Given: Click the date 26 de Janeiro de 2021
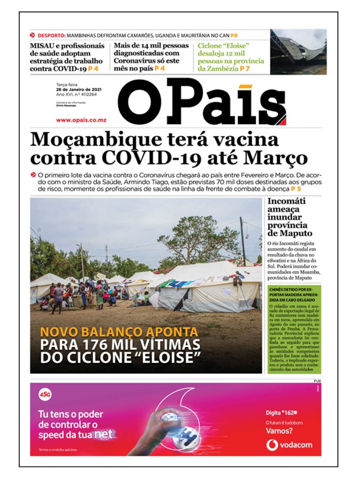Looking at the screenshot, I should point(77,90).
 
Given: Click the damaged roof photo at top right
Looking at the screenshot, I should point(298,52).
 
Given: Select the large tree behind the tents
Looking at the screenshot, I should point(197,240).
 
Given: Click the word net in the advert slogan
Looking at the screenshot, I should point(103,434).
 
